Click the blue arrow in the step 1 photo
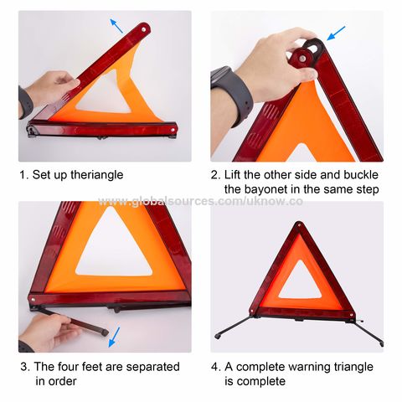[116, 25]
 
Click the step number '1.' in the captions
[23, 175]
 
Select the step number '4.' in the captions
[216, 367]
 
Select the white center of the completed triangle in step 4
[298, 285]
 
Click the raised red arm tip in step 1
[144, 29]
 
